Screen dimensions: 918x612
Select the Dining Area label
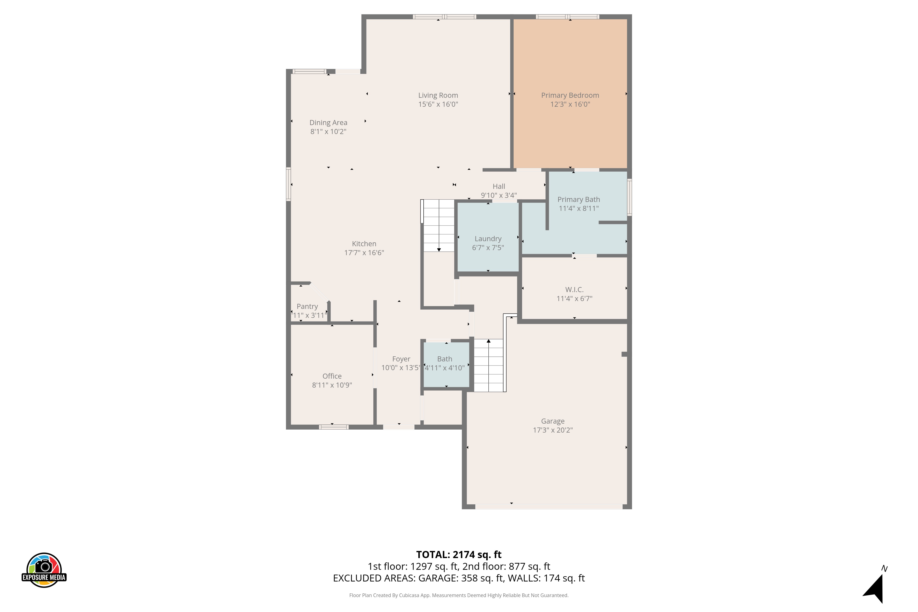click(328, 123)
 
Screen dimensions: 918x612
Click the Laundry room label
click(488, 238)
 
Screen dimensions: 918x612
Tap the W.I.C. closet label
click(574, 290)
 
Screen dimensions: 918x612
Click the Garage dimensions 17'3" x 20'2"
click(553, 430)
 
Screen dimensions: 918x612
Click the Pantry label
click(307, 306)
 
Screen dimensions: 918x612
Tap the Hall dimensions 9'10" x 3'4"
click(499, 195)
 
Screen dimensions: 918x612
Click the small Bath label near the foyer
click(445, 359)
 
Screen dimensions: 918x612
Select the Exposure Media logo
click(44, 570)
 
